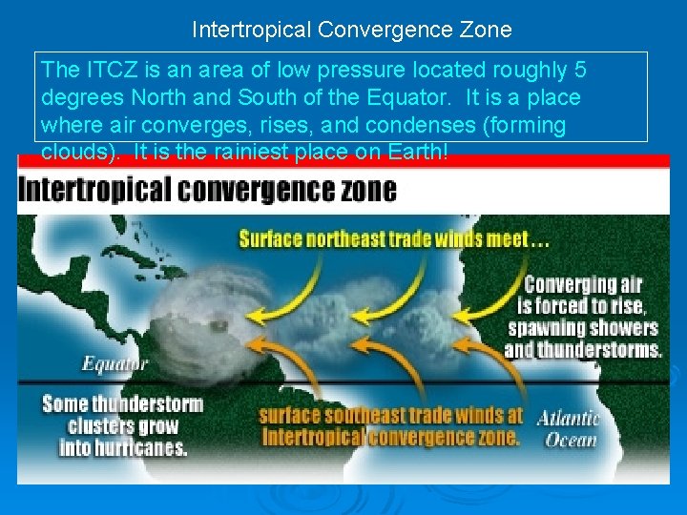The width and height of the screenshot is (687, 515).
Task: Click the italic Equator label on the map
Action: coord(114,363)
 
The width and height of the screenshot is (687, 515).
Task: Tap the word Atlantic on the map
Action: coord(569,418)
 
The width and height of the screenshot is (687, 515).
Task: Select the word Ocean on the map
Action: coord(571,440)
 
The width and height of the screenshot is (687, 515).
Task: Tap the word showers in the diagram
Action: coord(625,328)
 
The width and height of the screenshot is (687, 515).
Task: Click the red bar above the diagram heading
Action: coord(343,160)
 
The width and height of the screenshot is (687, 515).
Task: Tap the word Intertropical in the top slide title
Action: coord(247,30)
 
